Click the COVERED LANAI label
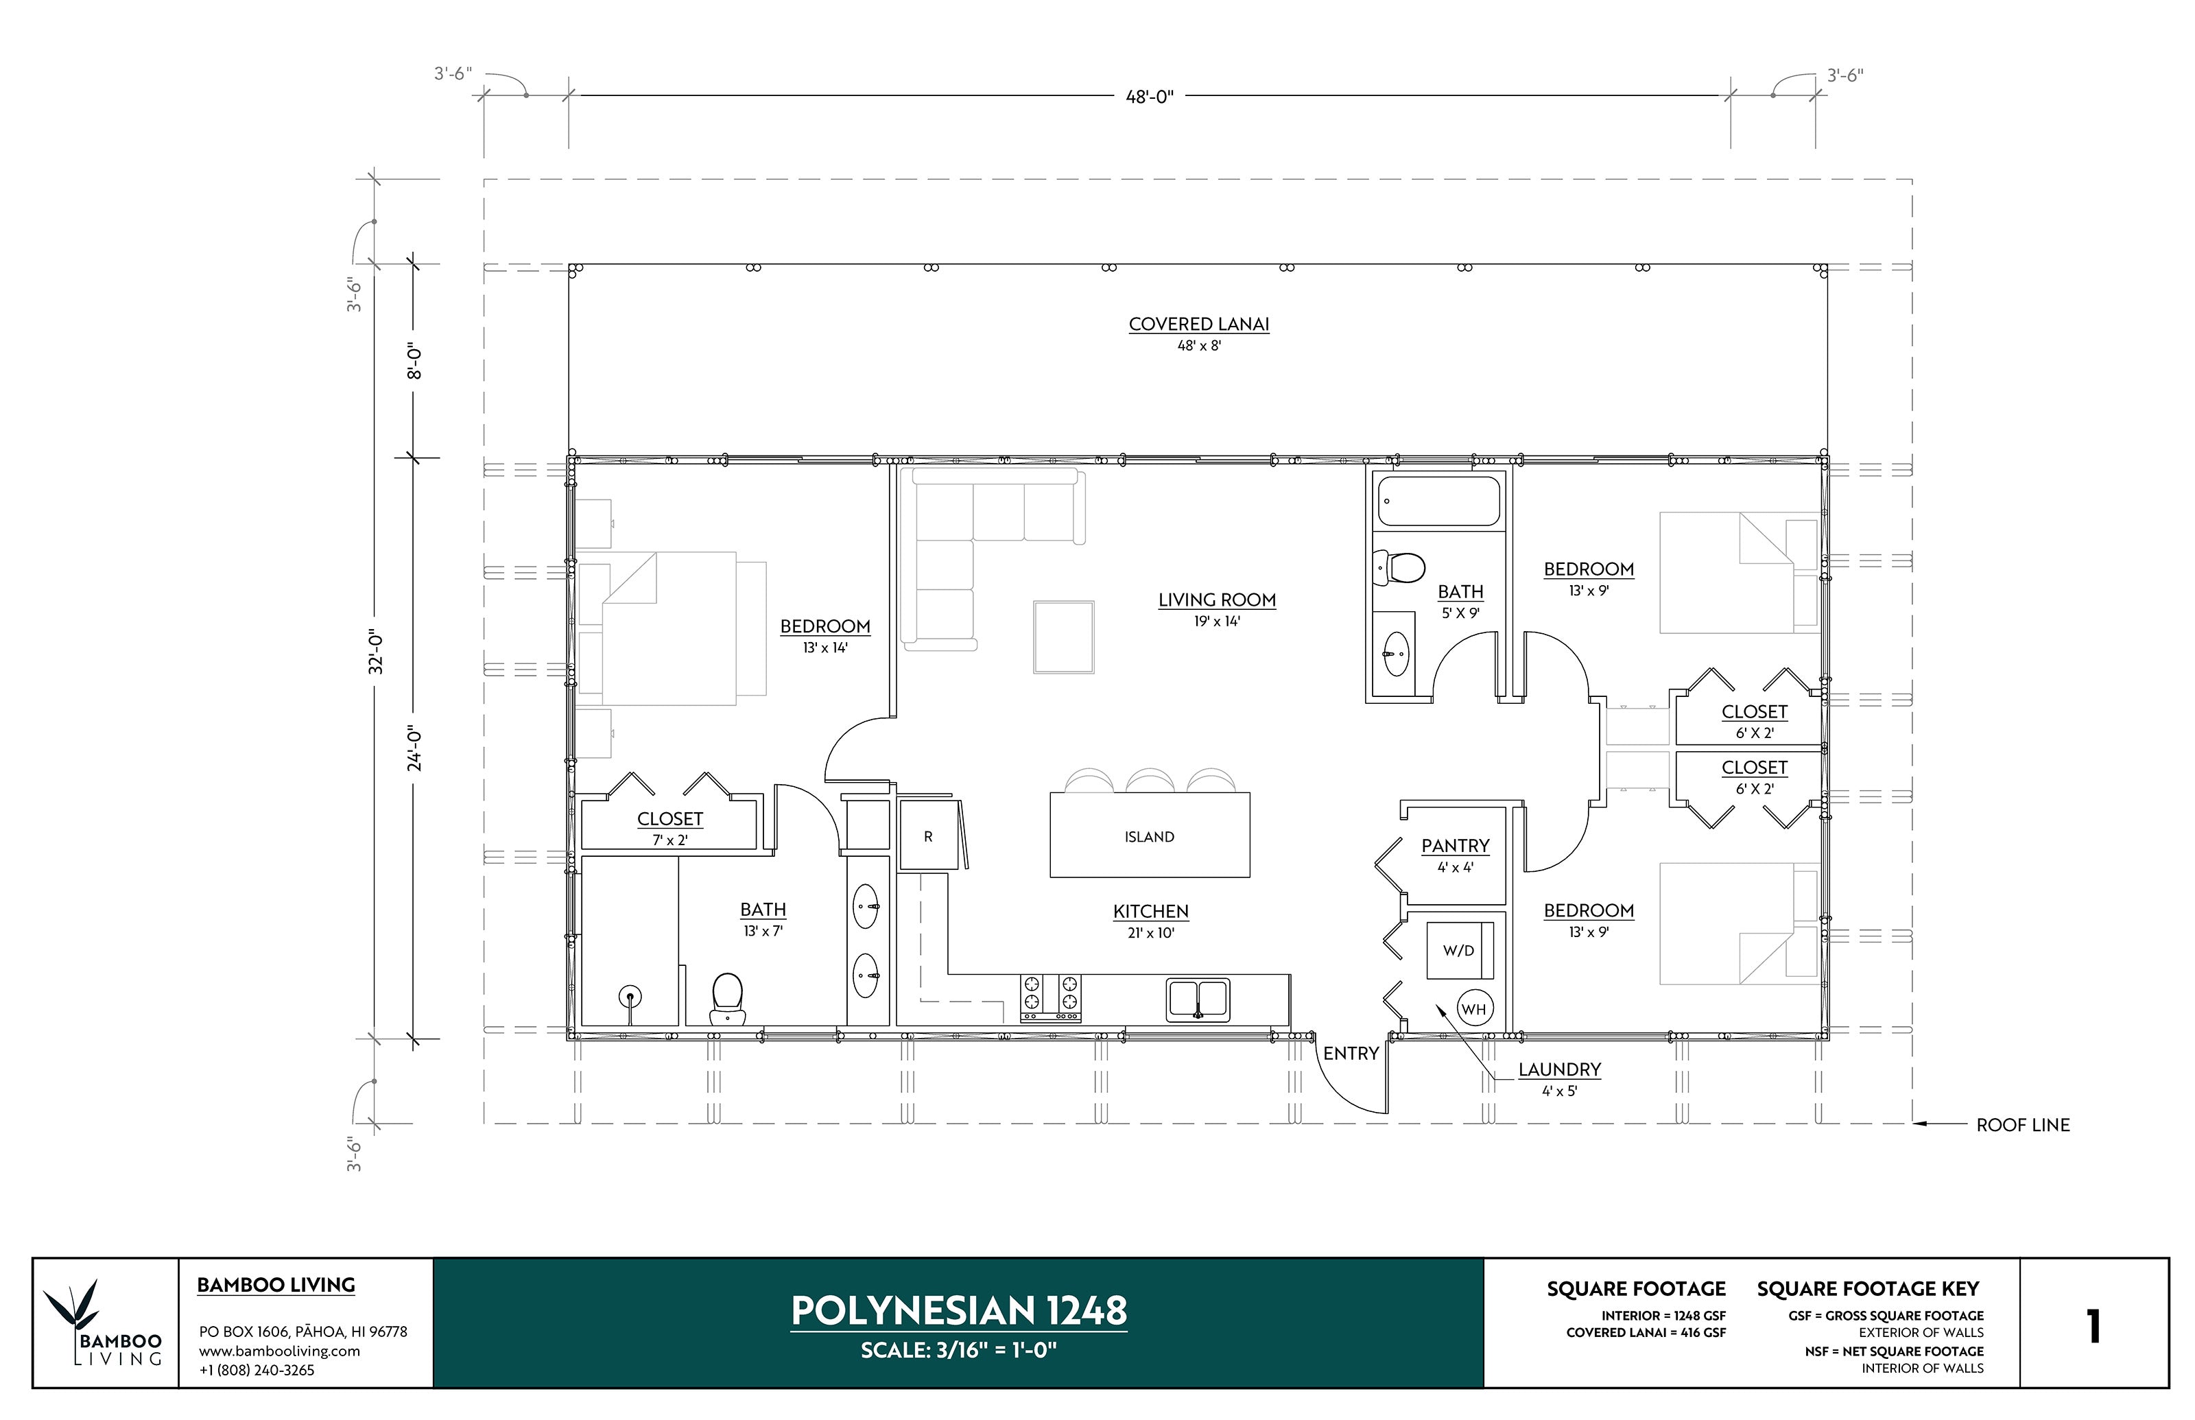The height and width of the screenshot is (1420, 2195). tap(1198, 324)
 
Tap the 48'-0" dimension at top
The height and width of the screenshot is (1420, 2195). tap(1149, 96)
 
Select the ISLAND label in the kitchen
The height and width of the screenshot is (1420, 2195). tap(1149, 836)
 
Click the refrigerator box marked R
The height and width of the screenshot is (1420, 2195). tap(927, 836)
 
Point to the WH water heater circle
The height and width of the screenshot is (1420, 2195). tap(1473, 1009)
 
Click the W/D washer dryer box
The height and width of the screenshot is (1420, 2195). tap(1458, 949)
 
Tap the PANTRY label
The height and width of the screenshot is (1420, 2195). tap(1455, 846)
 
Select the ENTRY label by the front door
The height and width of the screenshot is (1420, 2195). tap(1351, 1053)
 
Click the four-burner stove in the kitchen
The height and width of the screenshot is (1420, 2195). tap(1050, 997)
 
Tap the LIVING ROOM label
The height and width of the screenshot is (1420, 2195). tap(1217, 600)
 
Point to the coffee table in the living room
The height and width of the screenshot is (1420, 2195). tap(1063, 637)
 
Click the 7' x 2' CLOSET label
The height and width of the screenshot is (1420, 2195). tap(669, 819)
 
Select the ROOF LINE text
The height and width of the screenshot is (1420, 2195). tap(2023, 1125)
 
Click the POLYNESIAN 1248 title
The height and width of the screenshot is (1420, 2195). tap(959, 1310)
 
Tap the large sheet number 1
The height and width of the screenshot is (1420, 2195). tap(2093, 1326)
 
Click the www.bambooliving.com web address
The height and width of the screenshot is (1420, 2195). tap(279, 1351)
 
